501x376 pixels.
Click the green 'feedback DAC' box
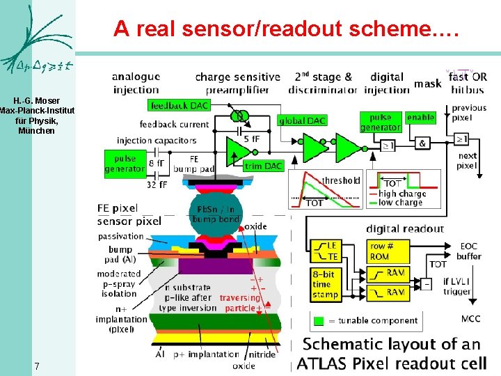pos(179,105)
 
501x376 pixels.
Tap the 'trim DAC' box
pos(264,166)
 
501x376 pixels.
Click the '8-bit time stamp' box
pos(326,285)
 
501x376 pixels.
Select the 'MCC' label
pos(470,319)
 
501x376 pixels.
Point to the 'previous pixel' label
pos(469,113)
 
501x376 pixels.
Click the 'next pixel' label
pos(468,161)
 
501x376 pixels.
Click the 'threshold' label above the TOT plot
pos(340,180)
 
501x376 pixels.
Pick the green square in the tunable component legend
pos(319,321)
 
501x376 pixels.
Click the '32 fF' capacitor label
pos(158,185)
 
